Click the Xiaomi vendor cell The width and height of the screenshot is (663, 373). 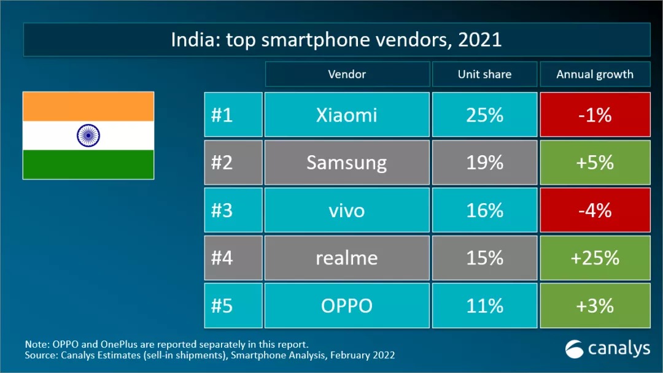[x=347, y=115]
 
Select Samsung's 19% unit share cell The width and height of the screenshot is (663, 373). [x=484, y=163]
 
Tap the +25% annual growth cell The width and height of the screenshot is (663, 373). [x=595, y=258]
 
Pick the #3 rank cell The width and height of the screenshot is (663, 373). [x=233, y=210]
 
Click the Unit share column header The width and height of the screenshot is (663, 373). [x=484, y=74]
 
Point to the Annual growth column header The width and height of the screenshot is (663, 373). [x=595, y=74]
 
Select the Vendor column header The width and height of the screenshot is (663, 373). [x=347, y=74]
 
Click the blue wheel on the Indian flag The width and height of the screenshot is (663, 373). [x=88, y=135]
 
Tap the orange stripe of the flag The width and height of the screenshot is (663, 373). [x=88, y=106]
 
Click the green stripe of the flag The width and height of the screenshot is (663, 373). [x=88, y=164]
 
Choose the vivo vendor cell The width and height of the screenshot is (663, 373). [x=347, y=210]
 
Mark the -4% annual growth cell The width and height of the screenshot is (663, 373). [x=595, y=210]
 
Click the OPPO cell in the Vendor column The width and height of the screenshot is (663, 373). [x=347, y=306]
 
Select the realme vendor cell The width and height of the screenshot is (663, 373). [x=347, y=258]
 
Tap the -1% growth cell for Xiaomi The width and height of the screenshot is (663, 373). [x=595, y=115]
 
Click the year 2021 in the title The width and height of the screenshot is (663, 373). [x=480, y=40]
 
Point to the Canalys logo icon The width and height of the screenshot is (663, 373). [x=575, y=348]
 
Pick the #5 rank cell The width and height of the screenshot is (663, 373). [x=233, y=306]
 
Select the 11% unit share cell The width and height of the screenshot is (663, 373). [x=484, y=306]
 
